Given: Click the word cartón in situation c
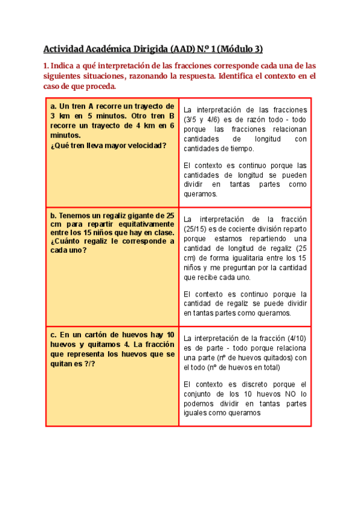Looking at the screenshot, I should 96,334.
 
